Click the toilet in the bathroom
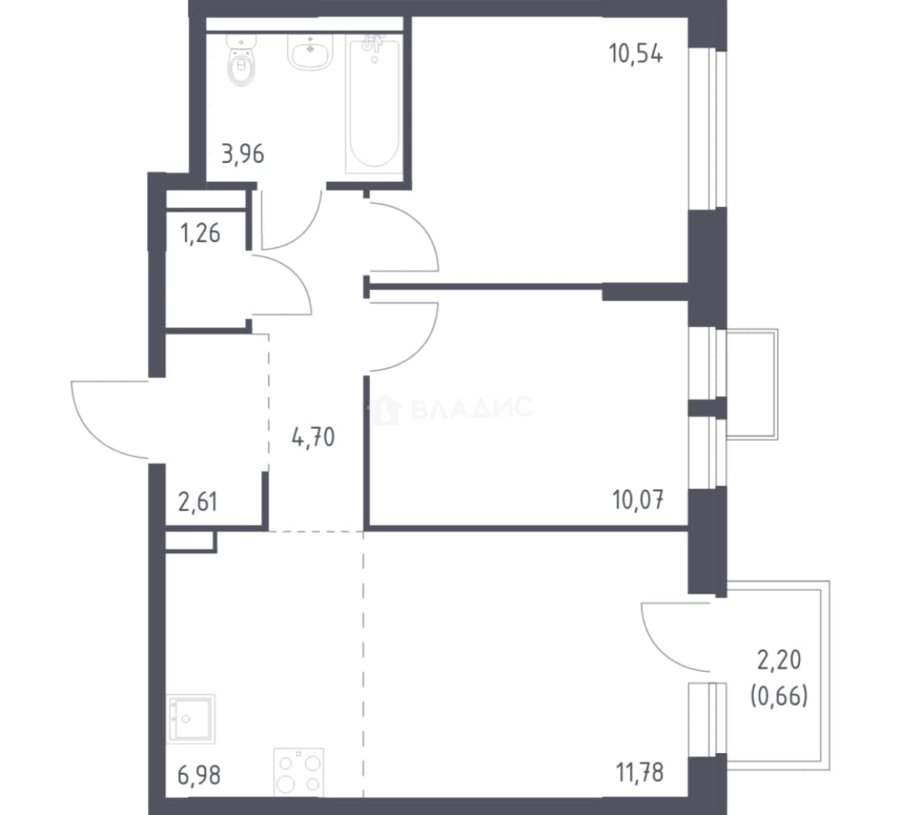click(241, 60)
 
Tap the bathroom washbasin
click(309, 52)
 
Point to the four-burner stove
click(298, 773)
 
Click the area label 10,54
click(635, 54)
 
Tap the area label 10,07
click(638, 500)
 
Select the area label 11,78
click(640, 773)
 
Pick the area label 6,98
click(198, 775)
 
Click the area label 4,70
click(313, 438)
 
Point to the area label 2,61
click(198, 502)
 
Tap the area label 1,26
click(200, 233)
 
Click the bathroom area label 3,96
click(242, 154)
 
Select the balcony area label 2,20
click(780, 660)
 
